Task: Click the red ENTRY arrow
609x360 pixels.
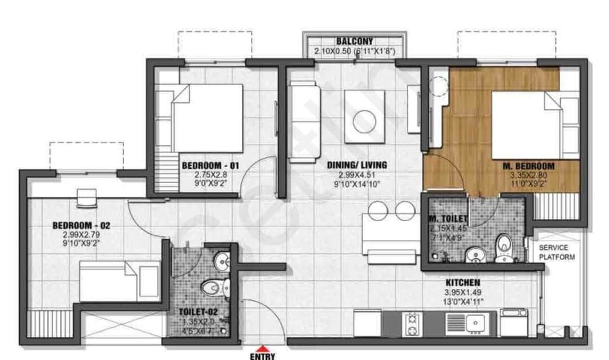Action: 263,349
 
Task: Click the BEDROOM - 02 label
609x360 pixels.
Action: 81,225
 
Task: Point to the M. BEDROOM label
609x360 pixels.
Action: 528,166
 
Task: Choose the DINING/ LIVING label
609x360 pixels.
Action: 358,165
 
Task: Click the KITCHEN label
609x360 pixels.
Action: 463,282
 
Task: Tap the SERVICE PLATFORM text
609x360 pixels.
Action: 557,253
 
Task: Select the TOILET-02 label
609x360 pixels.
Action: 195,311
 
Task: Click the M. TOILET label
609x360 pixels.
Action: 448,218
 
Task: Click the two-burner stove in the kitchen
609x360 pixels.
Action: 412,324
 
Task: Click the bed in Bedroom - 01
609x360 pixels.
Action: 206,118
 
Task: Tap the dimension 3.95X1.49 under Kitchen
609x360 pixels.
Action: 462,292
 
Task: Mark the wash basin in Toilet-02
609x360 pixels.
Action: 222,261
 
